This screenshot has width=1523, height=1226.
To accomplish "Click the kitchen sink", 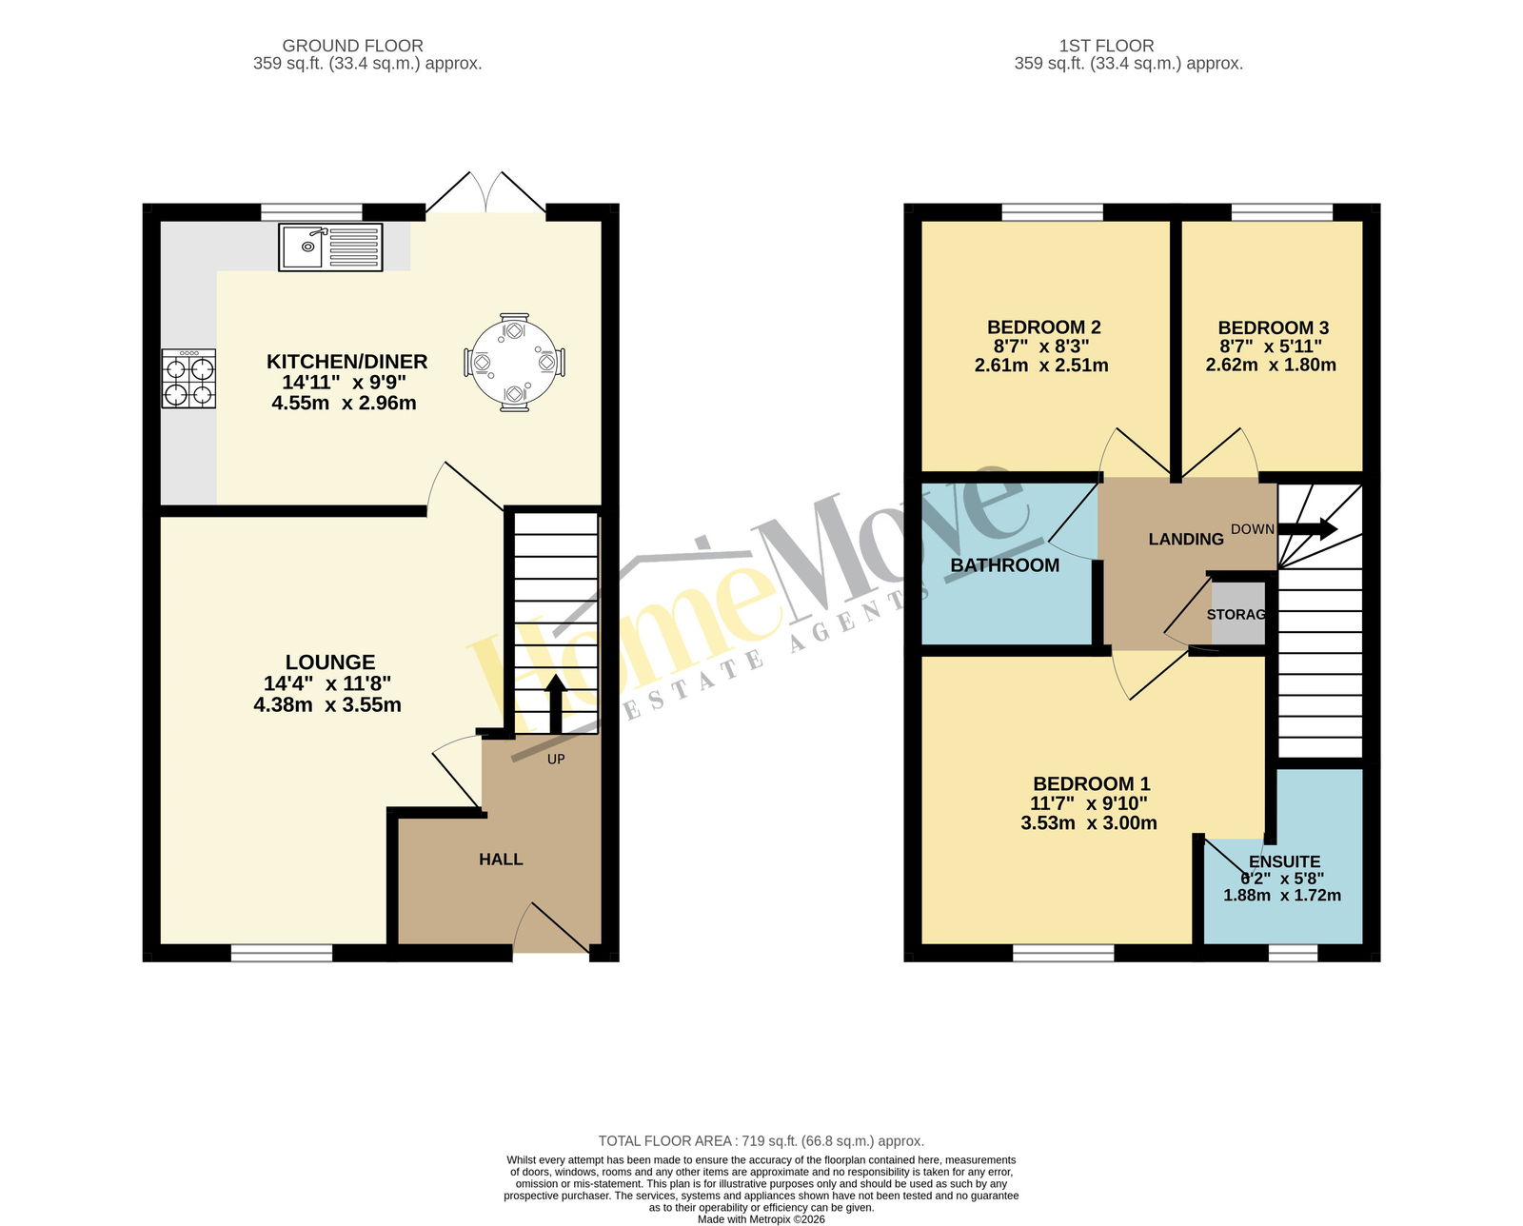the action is pos(330,247).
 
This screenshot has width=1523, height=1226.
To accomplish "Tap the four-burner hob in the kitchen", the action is pos(188,378).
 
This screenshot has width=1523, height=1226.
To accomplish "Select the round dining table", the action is pos(515,363).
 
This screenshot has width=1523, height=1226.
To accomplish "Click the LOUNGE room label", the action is pos(329,662).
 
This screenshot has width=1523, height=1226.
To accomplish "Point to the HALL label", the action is pos(501,860).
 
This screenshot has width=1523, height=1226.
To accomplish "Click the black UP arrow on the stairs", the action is pos(556,703).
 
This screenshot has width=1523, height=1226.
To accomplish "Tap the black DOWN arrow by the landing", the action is pos(1308,529).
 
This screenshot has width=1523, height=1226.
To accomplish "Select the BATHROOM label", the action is pos(1004,564).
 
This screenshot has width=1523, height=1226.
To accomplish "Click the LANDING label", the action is pos(1185,540).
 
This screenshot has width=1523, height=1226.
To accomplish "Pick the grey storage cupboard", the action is pos(1237,613).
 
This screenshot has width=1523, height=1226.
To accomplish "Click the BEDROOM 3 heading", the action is pos(1274,327).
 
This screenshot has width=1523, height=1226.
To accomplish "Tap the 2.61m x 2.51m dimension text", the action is pos(1041,366).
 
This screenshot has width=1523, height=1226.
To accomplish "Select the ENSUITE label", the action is pos(1284,861).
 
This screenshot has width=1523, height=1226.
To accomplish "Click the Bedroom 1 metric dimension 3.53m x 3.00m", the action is pos(1088,822).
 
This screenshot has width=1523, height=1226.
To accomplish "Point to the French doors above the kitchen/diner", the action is pos(485,193).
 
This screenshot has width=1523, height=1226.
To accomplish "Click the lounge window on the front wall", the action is pos(282,953).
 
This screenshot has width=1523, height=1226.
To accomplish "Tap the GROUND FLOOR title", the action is pos(352,46).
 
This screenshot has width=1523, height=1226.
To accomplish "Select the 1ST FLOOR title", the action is pos(1106,46).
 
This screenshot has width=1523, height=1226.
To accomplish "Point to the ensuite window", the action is pos(1293,953).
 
